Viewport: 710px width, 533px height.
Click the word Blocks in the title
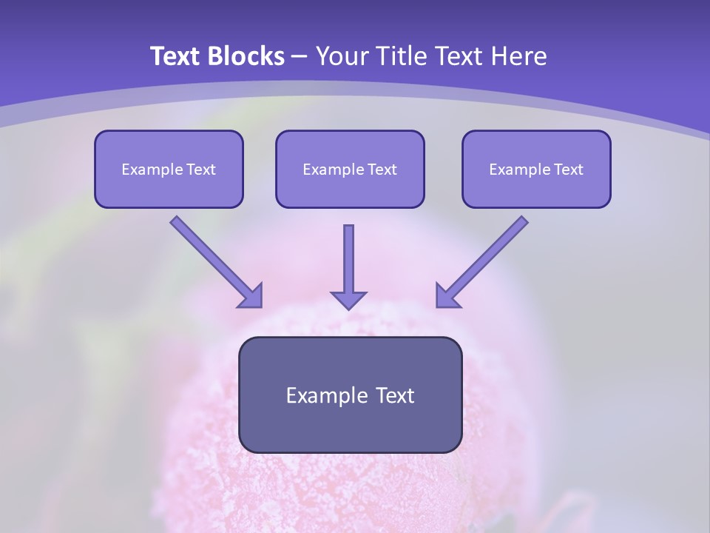(246, 56)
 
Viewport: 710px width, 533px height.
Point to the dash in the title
(300, 58)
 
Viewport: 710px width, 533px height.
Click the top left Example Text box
(169, 169)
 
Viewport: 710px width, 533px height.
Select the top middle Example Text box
(350, 169)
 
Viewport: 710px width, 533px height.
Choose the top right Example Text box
(537, 169)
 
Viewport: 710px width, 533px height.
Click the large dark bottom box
(351, 395)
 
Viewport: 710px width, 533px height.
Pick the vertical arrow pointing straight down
(348, 267)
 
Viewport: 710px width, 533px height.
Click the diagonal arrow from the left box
(217, 262)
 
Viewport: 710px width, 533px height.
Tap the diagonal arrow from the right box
(481, 262)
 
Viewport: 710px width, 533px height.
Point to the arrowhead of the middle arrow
(348, 300)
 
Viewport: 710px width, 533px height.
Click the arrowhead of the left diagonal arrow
(253, 298)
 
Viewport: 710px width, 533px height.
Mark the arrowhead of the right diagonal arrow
(445, 298)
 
